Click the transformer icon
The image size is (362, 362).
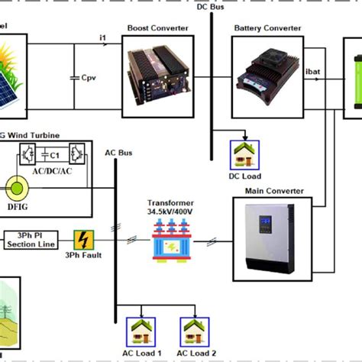coord(170,240)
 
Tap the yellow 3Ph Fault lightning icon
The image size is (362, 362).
coord(83,240)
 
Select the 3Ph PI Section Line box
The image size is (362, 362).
coord(31,240)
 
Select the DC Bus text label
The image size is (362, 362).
coord(212,7)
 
